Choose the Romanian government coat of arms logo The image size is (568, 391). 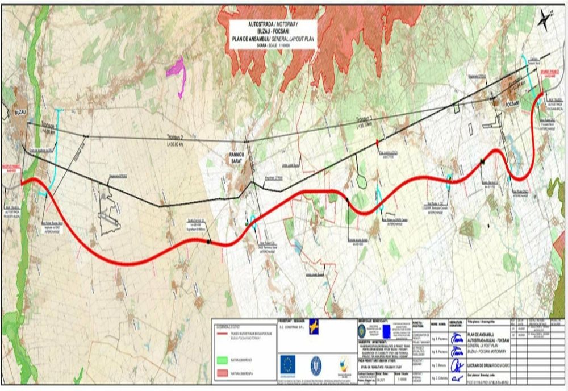coord(316,364)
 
